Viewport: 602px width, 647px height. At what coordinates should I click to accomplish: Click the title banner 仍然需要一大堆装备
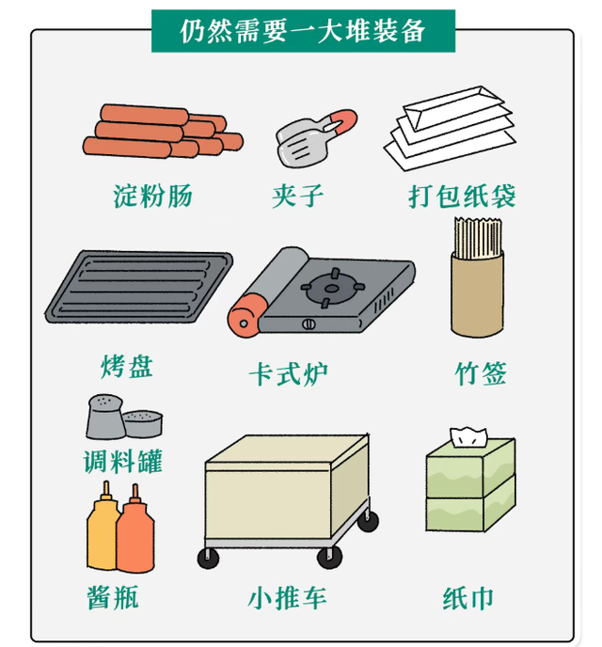click(303, 31)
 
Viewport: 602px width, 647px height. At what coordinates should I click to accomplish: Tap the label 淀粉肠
click(152, 196)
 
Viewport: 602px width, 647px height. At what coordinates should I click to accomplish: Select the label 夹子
click(297, 196)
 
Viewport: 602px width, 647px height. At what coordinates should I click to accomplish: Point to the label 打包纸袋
click(462, 196)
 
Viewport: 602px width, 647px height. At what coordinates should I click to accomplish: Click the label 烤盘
click(127, 366)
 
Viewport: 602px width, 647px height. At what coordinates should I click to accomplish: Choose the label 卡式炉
click(288, 374)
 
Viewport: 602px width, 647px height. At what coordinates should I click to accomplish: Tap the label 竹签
click(481, 373)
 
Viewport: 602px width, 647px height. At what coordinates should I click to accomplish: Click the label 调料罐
click(123, 461)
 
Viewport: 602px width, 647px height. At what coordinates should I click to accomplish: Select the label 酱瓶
click(113, 597)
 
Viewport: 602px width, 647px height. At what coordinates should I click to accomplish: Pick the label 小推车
click(287, 598)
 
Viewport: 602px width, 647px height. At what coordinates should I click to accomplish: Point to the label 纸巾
click(467, 598)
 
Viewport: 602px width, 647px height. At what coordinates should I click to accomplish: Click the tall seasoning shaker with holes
click(105, 417)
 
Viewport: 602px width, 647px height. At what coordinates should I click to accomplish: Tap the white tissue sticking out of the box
click(469, 437)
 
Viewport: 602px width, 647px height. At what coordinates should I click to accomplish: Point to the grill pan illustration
click(138, 286)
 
